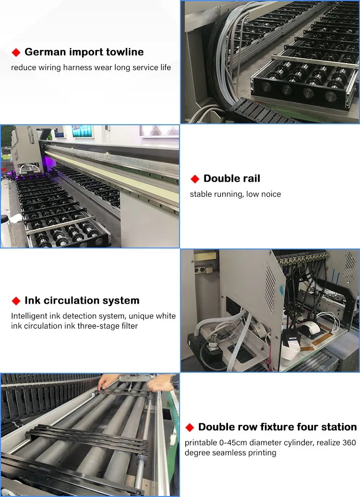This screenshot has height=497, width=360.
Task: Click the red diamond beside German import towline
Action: [16, 52]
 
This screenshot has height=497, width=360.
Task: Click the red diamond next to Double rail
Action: [195, 179]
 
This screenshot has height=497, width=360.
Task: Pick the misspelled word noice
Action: [271, 194]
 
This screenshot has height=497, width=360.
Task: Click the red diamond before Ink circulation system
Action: [16, 301]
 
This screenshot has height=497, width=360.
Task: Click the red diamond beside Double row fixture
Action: [190, 427]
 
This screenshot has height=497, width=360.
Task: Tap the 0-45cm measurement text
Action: [233, 442]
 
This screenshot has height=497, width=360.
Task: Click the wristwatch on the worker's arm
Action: [174, 381]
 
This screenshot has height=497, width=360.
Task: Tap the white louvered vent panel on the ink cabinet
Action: [270, 292]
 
